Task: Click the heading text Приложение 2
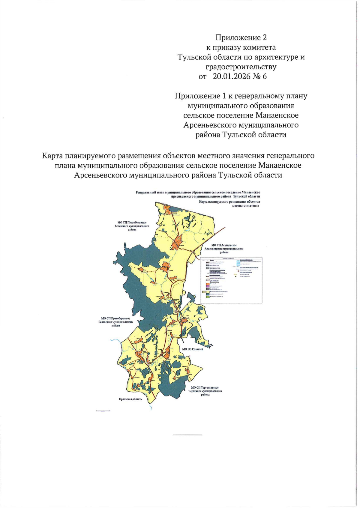(x=241, y=37)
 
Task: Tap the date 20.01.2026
(x=231, y=76)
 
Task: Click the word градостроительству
(x=241, y=67)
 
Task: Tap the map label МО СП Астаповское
(x=224, y=245)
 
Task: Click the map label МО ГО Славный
(x=193, y=349)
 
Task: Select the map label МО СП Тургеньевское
(x=206, y=388)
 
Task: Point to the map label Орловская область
(x=130, y=399)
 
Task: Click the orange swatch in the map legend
(x=207, y=284)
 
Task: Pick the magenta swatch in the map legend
(x=207, y=286)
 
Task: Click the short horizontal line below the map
(x=188, y=435)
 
